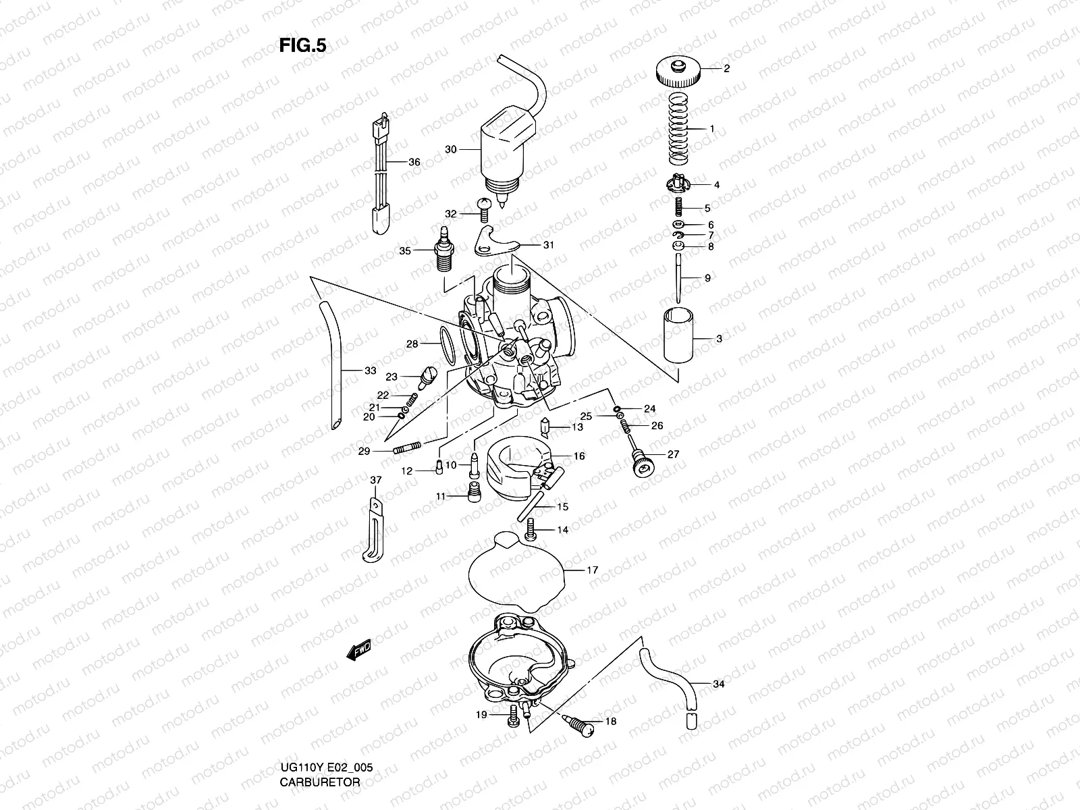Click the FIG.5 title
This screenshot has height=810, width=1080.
[x=302, y=45]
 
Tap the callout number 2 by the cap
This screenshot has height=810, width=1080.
[x=726, y=68]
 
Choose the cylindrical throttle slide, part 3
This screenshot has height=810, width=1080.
[x=678, y=335]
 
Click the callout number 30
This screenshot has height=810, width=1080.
[x=451, y=149]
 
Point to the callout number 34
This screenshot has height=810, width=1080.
[x=718, y=684]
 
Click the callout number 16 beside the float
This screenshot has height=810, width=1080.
[x=578, y=456]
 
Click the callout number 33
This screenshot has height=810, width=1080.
[x=370, y=371]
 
